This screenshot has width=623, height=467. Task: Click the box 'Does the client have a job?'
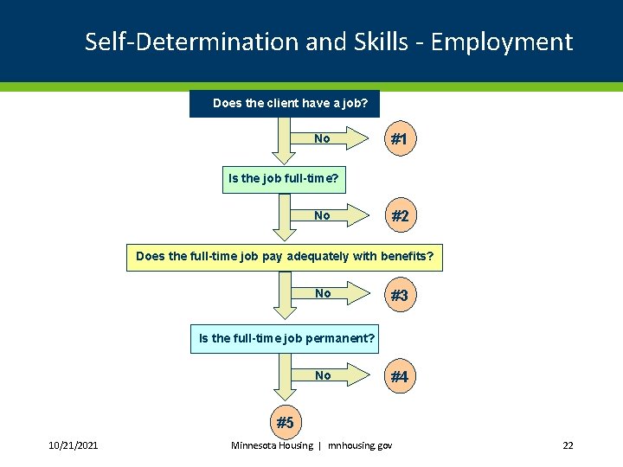pyautogui.click(x=285, y=104)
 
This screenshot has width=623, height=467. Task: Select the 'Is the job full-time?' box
pyautogui.click(x=284, y=180)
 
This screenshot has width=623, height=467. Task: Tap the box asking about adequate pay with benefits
pyautogui.click(x=285, y=257)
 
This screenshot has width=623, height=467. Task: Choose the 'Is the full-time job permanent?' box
pyautogui.click(x=286, y=339)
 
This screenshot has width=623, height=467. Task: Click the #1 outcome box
pyautogui.click(x=399, y=138)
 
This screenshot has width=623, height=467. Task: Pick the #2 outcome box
pyautogui.click(x=399, y=216)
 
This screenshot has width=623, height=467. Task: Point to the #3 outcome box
pyautogui.click(x=399, y=295)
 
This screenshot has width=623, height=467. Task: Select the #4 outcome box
pyautogui.click(x=399, y=376)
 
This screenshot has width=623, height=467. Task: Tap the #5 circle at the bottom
pyautogui.click(x=285, y=423)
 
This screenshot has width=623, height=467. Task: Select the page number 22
pyautogui.click(x=568, y=445)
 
